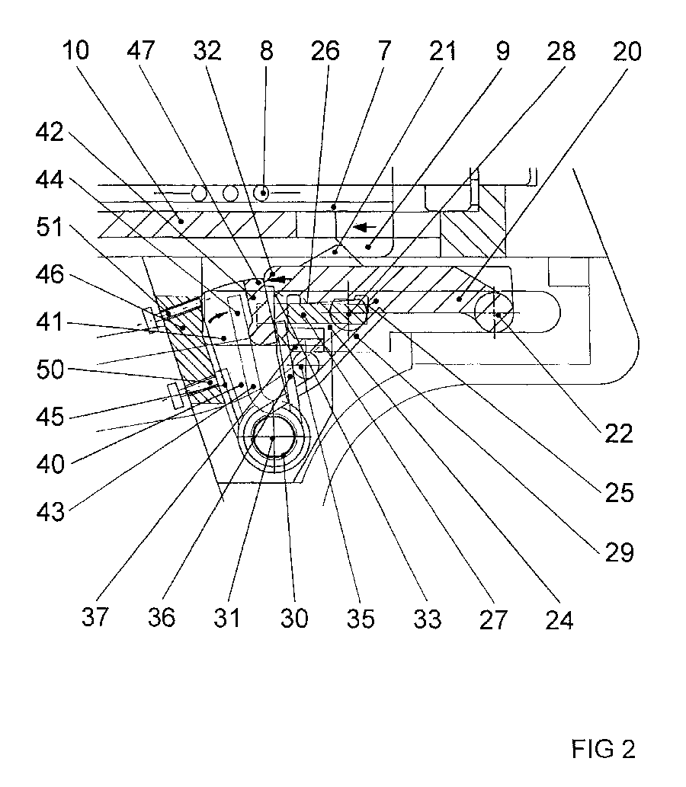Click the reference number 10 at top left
[77, 52]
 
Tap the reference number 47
[142, 52]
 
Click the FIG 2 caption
[602, 749]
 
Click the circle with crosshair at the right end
[495, 313]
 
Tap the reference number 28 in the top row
[560, 52]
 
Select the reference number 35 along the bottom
[361, 617]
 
